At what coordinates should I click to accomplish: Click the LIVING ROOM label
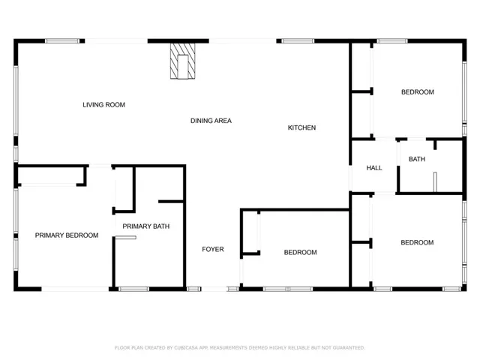103,105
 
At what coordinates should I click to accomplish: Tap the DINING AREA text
211,121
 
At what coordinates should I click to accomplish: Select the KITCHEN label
301,127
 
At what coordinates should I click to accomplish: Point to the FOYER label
213,249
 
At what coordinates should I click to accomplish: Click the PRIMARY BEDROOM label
67,235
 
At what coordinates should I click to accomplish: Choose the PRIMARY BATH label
145,226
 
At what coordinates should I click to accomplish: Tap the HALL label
374,168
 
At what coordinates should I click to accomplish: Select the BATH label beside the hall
417,159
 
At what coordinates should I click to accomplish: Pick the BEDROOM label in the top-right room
417,91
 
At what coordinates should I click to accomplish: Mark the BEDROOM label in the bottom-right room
417,242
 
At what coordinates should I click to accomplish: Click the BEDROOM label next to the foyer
300,252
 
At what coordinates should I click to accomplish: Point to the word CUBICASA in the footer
186,348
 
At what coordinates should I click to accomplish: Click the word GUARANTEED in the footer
348,348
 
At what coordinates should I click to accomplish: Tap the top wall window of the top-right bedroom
392,41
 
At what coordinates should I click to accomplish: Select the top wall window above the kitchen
298,41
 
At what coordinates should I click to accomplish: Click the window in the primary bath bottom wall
133,289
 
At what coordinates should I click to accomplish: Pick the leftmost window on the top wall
62,41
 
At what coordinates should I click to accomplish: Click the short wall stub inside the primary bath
171,202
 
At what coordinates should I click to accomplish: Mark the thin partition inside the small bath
435,182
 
